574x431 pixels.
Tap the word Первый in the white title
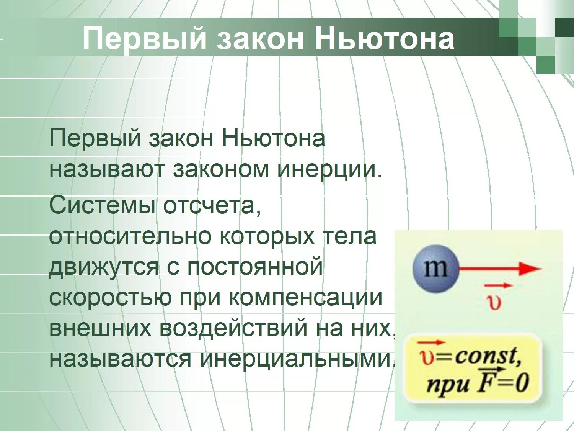click(x=144, y=39)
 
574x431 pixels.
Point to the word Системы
click(x=102, y=205)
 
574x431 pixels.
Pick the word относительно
click(x=130, y=236)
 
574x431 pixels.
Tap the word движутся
click(x=103, y=267)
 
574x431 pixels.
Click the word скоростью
click(x=110, y=298)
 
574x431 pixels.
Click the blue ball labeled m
click(x=435, y=269)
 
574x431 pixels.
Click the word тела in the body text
click(x=350, y=236)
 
